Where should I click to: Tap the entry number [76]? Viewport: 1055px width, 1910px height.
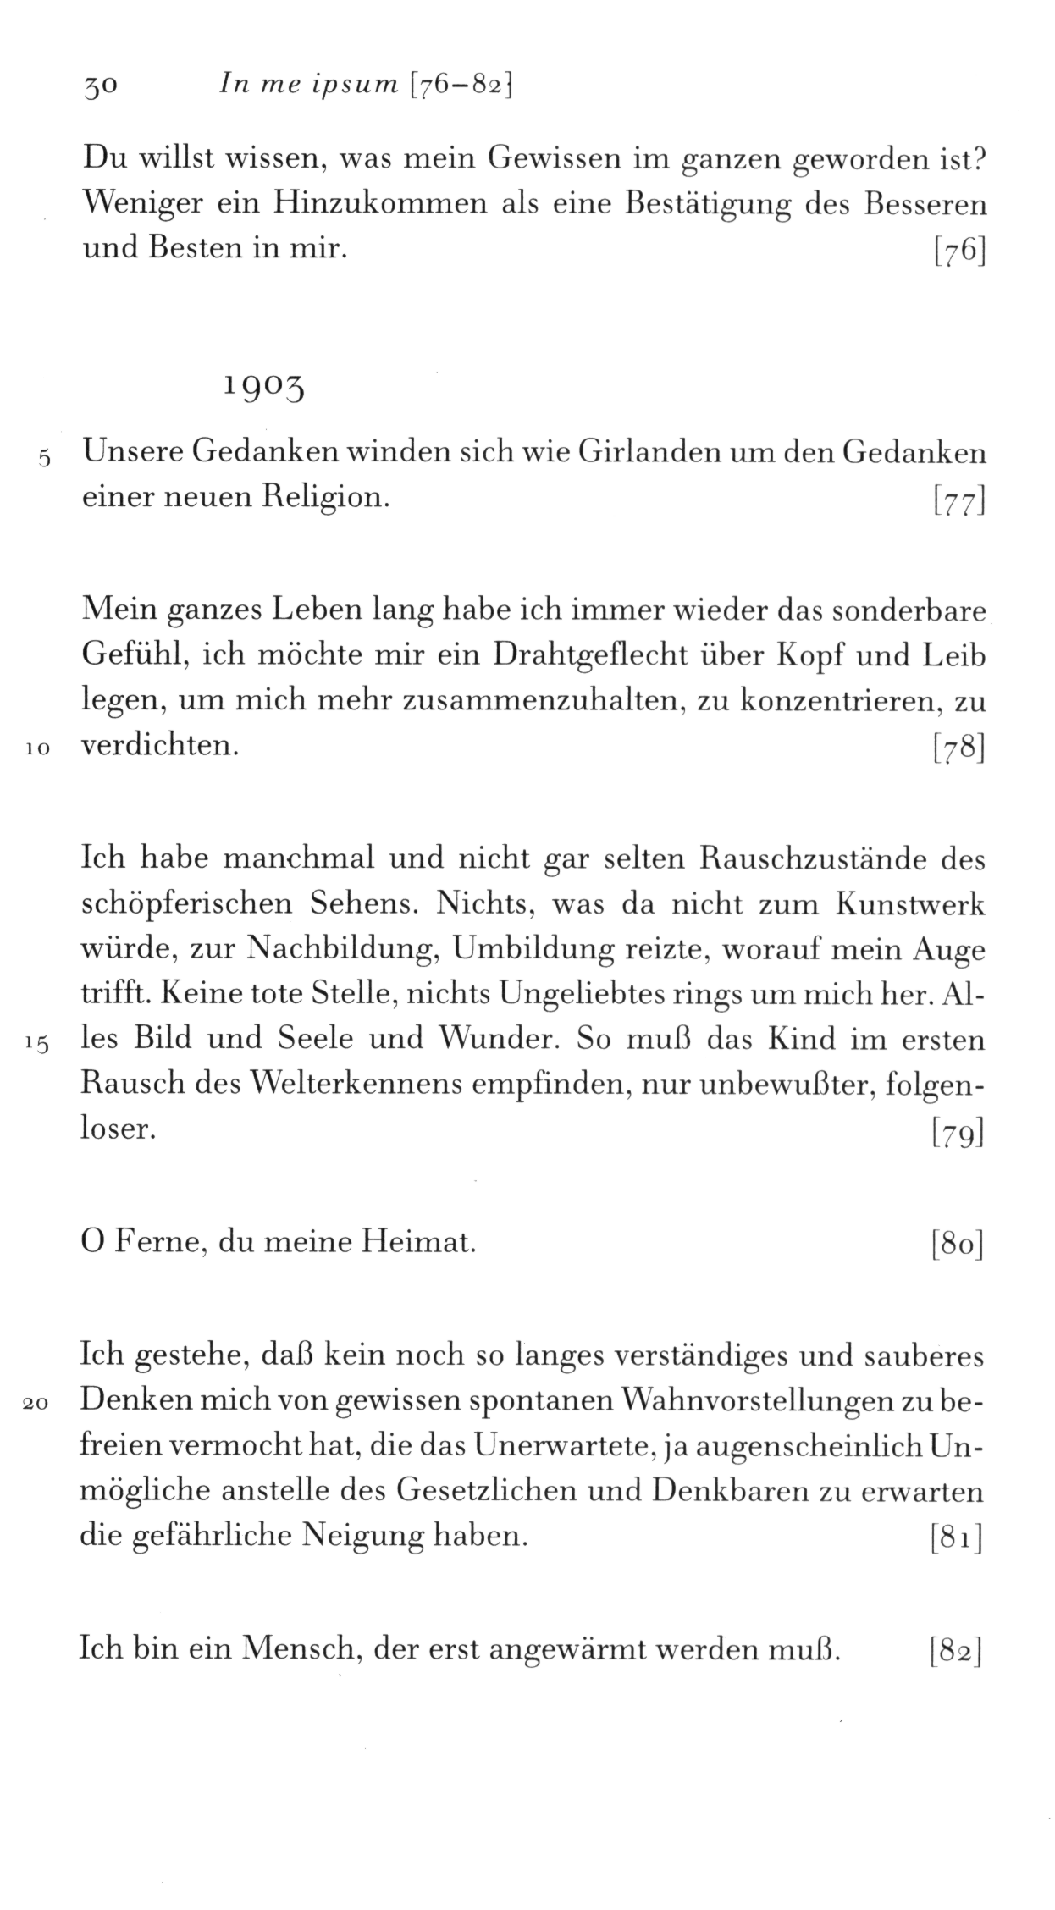click(958, 252)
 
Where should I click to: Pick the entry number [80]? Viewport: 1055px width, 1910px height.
click(957, 1245)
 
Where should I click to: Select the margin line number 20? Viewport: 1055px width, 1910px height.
click(38, 1404)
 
